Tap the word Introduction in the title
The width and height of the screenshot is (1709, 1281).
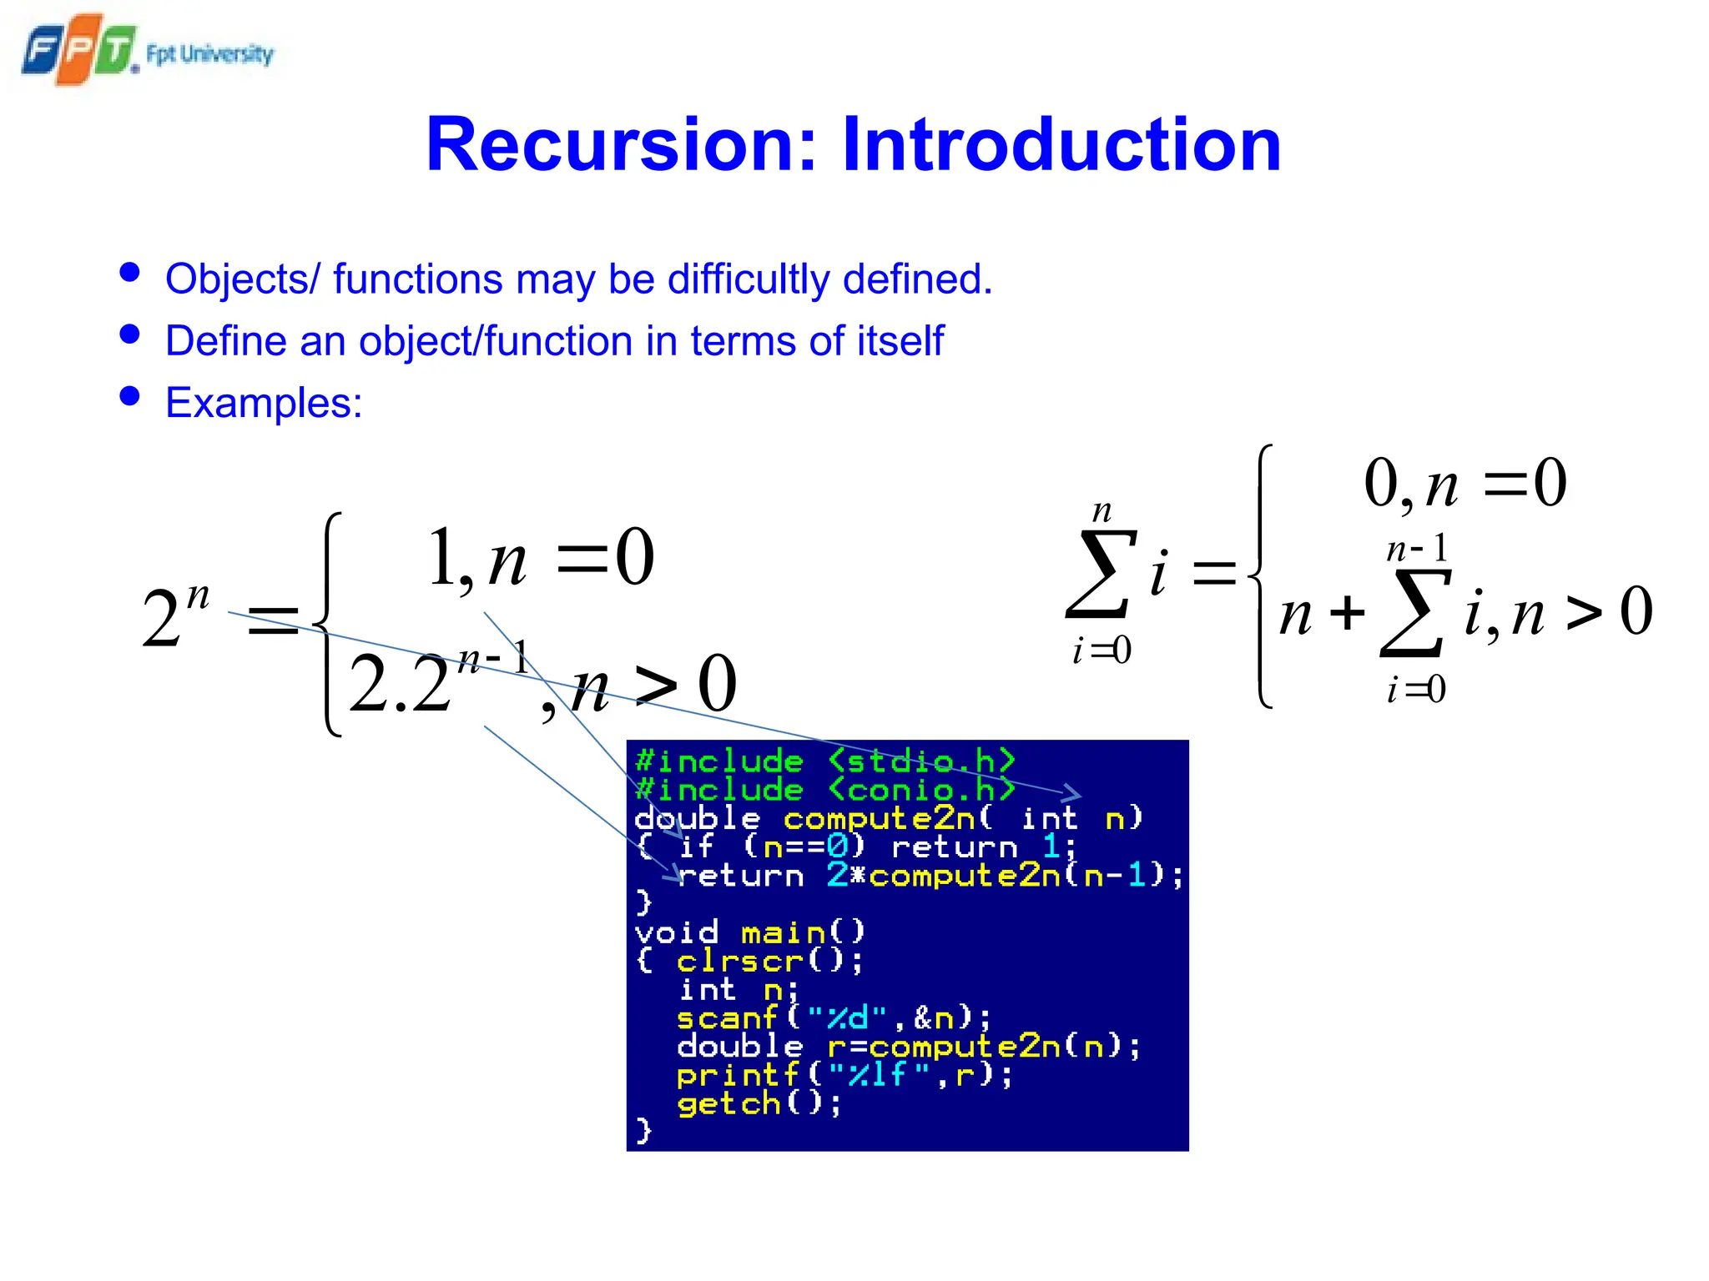click(1061, 144)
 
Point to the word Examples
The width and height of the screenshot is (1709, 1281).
click(264, 404)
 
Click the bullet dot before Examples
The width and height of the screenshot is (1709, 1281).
click(129, 395)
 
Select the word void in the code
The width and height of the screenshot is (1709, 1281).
click(676, 932)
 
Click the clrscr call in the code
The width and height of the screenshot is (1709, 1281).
click(769, 961)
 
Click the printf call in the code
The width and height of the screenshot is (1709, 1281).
click(844, 1075)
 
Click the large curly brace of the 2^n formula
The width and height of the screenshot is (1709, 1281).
click(328, 624)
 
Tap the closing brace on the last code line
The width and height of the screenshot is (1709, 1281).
click(643, 1131)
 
